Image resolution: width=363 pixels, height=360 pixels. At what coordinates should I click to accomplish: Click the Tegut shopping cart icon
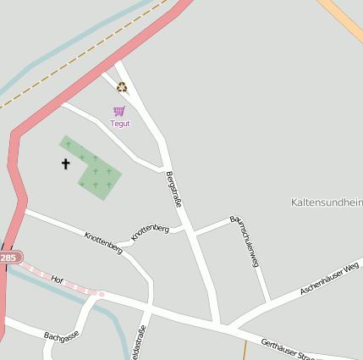[119, 111]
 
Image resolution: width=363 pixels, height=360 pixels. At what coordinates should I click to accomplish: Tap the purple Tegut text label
[120, 124]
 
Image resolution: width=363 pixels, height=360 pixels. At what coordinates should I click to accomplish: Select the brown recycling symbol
[122, 86]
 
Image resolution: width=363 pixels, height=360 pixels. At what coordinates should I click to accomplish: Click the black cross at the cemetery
[65, 163]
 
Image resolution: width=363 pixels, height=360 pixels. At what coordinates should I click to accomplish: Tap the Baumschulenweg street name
[245, 242]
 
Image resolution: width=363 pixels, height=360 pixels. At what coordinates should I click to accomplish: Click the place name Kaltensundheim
[327, 202]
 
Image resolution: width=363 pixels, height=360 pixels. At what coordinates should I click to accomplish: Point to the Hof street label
[58, 279]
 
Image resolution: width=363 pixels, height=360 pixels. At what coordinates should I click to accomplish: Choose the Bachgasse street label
[61, 337]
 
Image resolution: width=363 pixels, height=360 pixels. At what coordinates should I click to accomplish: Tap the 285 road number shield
[8, 258]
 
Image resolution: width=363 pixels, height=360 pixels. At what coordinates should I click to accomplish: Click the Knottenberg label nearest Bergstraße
[150, 230]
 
